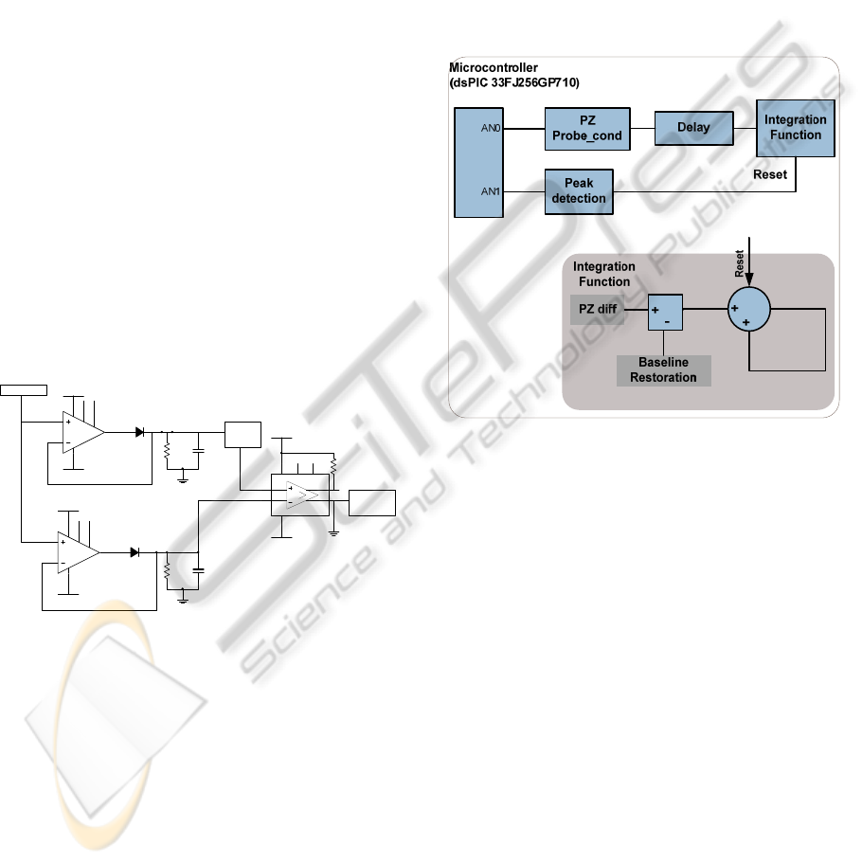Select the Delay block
(x=694, y=128)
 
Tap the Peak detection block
(x=578, y=192)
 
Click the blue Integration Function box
(x=795, y=128)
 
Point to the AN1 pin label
(x=490, y=190)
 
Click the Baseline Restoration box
(x=664, y=370)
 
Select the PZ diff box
(x=598, y=309)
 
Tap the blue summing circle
(x=749, y=308)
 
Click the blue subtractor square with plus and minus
(x=664, y=311)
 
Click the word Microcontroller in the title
(x=492, y=69)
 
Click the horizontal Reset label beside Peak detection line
(x=770, y=174)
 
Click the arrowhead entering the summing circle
(x=749, y=280)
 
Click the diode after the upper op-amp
(x=140, y=432)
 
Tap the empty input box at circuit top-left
(x=23, y=389)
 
